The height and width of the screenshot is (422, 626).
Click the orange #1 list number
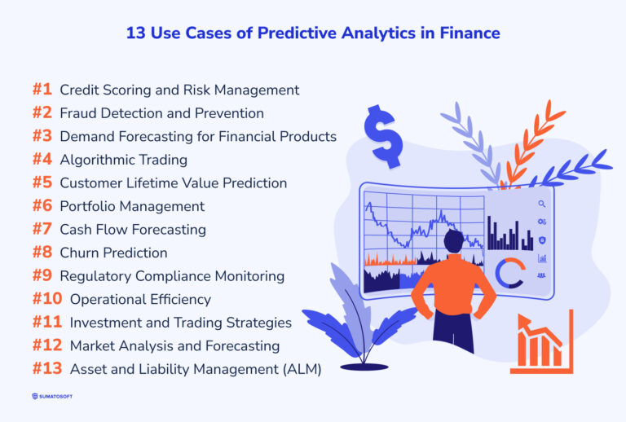coord(42,90)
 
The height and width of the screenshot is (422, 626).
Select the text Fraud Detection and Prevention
coord(161,113)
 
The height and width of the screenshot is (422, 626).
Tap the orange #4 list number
coord(42,160)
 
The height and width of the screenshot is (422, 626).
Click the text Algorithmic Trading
coord(123,160)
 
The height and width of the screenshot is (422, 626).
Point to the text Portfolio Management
coord(132,206)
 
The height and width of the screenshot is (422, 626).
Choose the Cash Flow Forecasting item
coord(133,230)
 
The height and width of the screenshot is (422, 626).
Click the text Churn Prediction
coord(113,253)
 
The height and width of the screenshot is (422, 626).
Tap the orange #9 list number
coord(42,276)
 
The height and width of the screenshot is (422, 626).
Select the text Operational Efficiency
coord(140,299)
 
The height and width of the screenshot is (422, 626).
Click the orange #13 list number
coord(47,369)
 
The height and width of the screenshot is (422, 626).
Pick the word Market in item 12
coord(92,346)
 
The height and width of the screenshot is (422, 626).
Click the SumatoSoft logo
coord(61,397)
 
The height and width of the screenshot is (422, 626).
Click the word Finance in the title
coord(468,33)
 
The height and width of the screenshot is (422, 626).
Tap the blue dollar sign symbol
coord(383,135)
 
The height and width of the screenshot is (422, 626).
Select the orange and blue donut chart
coord(509,273)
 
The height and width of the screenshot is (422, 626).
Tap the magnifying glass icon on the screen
coord(542,204)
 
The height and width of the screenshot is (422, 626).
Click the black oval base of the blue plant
coord(364,367)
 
